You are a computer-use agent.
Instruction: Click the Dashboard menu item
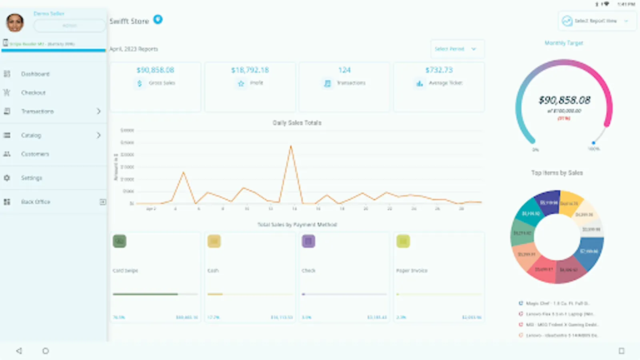coord(35,74)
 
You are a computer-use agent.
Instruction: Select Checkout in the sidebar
coord(33,93)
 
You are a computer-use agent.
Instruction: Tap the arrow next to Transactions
coord(98,111)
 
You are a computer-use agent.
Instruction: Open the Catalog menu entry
coord(31,135)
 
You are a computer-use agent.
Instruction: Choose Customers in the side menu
coord(35,154)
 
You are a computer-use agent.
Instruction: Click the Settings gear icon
coord(7,178)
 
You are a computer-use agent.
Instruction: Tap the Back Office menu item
coord(36,202)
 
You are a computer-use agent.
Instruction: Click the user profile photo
coord(15,22)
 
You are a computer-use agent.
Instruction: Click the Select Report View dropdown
coord(596,21)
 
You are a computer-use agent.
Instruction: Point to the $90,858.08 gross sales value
coord(155,70)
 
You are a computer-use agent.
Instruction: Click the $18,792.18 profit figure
coord(250,70)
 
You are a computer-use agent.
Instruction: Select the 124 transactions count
coord(344,70)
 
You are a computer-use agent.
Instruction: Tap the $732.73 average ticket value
coord(439,70)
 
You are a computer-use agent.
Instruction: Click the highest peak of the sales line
coord(291,146)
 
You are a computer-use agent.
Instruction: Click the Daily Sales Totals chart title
coord(297,123)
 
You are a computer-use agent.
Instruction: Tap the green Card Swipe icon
coord(119,241)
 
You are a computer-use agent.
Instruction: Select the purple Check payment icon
coord(308,241)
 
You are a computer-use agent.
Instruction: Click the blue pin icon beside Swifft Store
coord(158,19)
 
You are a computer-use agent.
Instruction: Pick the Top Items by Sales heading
coord(557,173)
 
